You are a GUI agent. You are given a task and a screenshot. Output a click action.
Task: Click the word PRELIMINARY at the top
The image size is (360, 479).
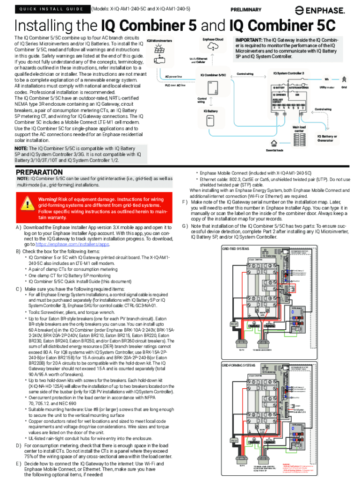(246, 9)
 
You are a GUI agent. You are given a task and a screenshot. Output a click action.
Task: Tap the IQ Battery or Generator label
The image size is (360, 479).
(327, 138)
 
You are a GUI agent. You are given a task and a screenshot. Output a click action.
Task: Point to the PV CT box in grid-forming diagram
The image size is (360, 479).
(232, 440)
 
